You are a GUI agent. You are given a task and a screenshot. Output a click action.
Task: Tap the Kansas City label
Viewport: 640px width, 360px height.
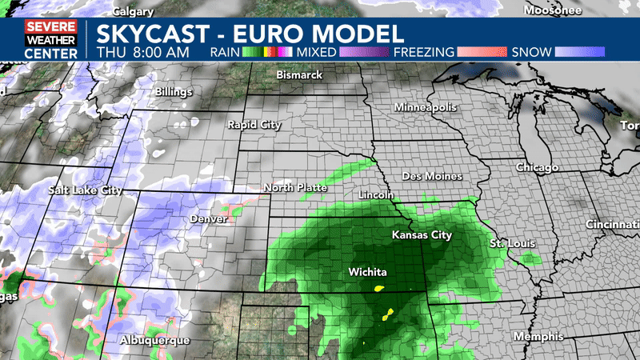click(422, 235)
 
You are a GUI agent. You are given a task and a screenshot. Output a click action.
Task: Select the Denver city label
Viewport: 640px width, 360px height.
click(209, 218)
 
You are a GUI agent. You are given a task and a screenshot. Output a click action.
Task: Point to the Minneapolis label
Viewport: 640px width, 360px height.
click(425, 107)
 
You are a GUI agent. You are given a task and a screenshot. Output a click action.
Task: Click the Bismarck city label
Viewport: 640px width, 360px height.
click(298, 74)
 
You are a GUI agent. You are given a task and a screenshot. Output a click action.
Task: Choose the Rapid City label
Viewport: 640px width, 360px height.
click(254, 125)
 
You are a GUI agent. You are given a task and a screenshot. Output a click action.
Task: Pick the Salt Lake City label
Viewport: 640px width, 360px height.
click(86, 190)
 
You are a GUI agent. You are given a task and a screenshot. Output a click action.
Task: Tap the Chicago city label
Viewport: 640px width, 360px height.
click(538, 167)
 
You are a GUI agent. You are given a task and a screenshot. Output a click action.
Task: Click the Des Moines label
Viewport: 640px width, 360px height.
click(432, 176)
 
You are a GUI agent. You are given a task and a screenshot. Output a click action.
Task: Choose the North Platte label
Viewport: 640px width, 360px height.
click(295, 187)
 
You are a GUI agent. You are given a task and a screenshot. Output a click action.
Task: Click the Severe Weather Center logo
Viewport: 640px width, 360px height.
click(50, 39)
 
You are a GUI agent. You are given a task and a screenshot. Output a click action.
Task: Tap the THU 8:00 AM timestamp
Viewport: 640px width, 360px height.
click(142, 52)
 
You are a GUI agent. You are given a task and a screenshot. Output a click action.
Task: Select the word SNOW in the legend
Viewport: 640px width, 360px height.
click(532, 52)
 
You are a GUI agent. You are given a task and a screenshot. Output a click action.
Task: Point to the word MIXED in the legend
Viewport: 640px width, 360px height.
click(318, 52)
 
